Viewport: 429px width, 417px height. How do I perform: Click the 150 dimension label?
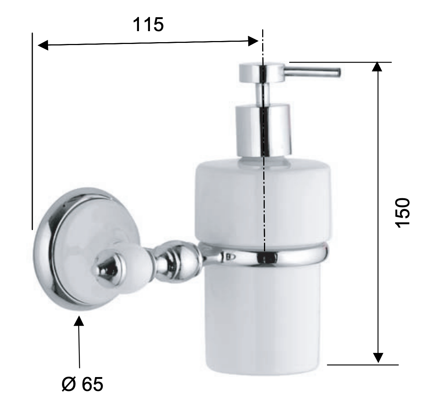click(403, 212)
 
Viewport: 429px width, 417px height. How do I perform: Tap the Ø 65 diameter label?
click(82, 384)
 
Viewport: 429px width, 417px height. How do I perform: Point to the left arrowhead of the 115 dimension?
click(43, 45)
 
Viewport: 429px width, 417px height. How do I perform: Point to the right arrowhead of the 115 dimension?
click(253, 41)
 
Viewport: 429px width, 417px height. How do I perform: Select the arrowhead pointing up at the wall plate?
click(79, 321)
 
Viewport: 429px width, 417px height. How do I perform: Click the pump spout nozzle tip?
click(339, 73)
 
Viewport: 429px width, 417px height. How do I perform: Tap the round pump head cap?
click(262, 73)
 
